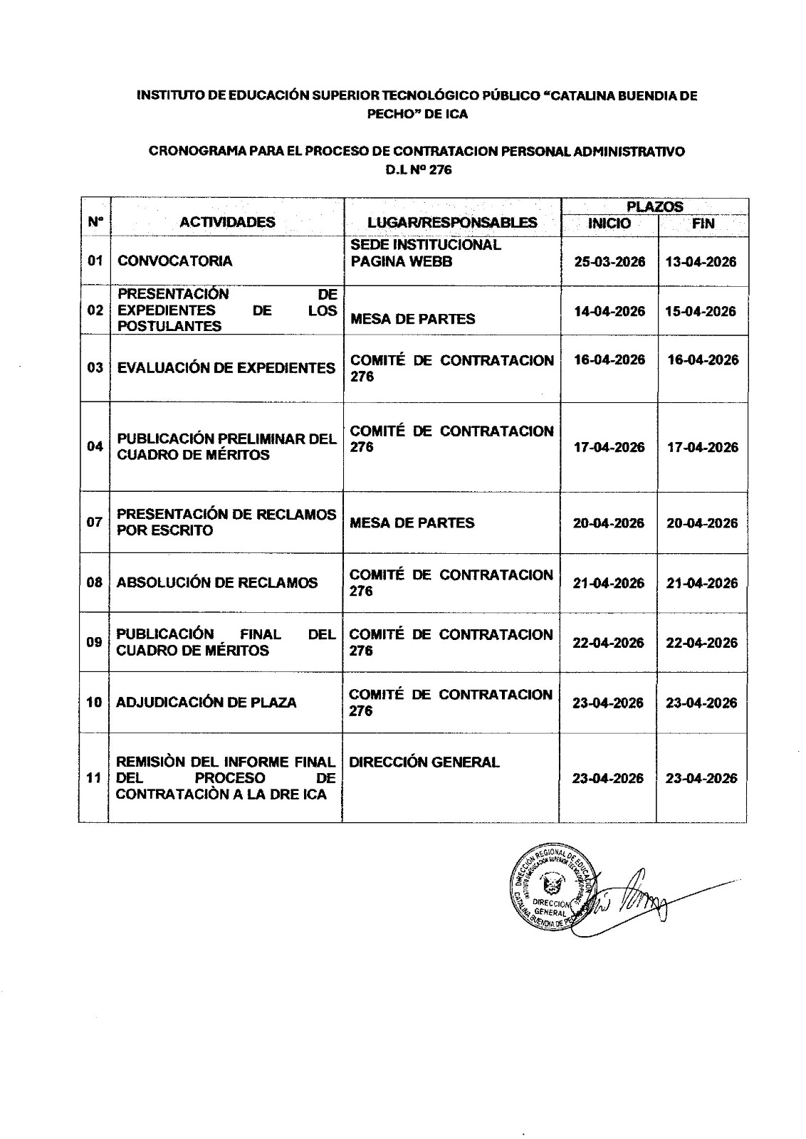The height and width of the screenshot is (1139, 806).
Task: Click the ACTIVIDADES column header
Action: pos(227,222)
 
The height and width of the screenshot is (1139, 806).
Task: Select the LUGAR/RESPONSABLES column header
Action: pos(452,222)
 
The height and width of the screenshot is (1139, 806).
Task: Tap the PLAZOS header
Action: pos(654,206)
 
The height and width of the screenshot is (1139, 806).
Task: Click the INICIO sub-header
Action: pos(609,224)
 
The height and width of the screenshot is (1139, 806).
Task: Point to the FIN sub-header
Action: pos(703,224)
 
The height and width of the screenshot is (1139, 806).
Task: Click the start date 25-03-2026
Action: pos(609,261)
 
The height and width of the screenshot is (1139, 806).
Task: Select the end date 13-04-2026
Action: pos(701,261)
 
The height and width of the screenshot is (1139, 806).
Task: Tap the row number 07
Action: pos(95,522)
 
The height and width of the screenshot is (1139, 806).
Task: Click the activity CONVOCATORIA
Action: pos(175,261)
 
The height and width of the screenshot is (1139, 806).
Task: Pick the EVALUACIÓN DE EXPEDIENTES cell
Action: pos(226,368)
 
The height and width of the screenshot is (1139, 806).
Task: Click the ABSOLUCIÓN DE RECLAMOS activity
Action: pos(217,582)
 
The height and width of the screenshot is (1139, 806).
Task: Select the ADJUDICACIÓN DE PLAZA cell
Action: pos(206,703)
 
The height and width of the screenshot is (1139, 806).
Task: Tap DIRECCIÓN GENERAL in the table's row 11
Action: pos(424,762)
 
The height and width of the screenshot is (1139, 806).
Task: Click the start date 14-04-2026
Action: pos(609,311)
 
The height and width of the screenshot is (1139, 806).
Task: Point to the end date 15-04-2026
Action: pos(701,311)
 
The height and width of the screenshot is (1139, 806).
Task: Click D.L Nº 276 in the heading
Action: pos(417,170)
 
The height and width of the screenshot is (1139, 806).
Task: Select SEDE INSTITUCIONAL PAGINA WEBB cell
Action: pos(426,253)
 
